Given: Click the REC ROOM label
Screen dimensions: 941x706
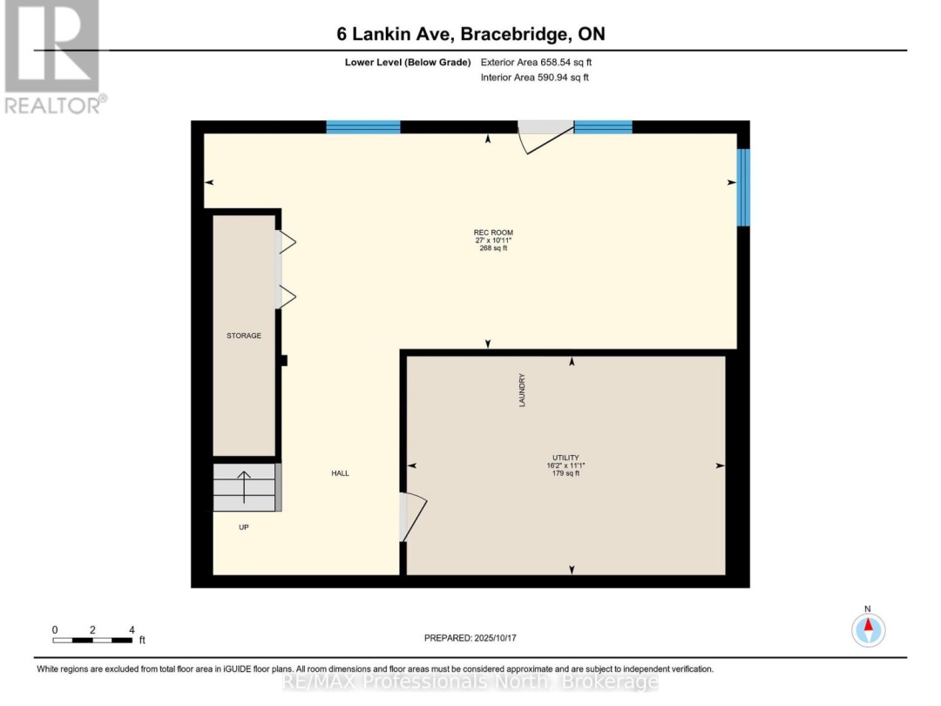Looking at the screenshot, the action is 493,233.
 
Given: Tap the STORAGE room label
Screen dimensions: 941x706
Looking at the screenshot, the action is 244,336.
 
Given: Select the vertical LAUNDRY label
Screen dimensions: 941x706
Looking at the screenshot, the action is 522,390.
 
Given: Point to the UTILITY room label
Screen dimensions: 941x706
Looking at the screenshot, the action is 566,458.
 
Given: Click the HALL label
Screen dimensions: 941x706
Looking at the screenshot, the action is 341,473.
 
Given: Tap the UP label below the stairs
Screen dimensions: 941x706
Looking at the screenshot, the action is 244,527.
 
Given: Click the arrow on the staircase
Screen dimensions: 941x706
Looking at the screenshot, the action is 244,487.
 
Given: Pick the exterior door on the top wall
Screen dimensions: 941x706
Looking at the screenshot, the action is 545,137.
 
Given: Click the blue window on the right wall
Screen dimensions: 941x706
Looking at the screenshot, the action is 743,187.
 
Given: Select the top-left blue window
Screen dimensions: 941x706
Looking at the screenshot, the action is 363,126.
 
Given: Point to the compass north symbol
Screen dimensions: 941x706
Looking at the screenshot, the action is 868,629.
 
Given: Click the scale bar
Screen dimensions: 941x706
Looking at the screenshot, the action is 92,641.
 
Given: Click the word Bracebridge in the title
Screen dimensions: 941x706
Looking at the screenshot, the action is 515,34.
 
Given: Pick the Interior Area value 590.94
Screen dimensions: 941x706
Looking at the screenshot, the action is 552,78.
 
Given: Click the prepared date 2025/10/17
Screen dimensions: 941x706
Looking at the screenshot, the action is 495,638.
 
